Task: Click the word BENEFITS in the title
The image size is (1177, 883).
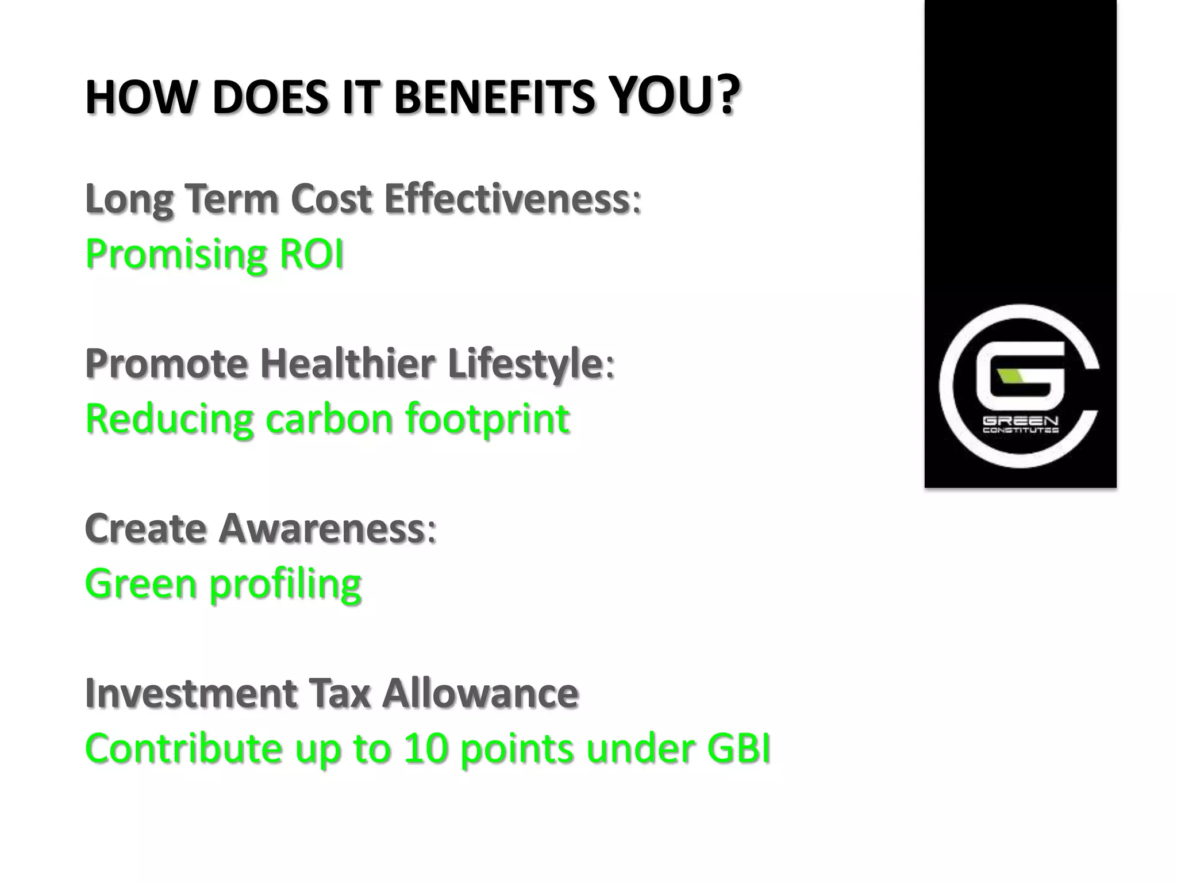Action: [x=493, y=97]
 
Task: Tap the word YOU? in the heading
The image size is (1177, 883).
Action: [x=673, y=96]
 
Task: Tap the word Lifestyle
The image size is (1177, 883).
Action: [x=524, y=364]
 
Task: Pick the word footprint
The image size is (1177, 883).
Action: [x=487, y=420]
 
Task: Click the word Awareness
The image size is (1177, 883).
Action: [x=321, y=528]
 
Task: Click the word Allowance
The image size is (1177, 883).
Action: [x=480, y=693]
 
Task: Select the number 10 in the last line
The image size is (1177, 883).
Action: [x=425, y=748]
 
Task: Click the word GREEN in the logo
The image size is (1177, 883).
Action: [x=1020, y=421]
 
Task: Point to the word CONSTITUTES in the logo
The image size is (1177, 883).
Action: [x=1020, y=430]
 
